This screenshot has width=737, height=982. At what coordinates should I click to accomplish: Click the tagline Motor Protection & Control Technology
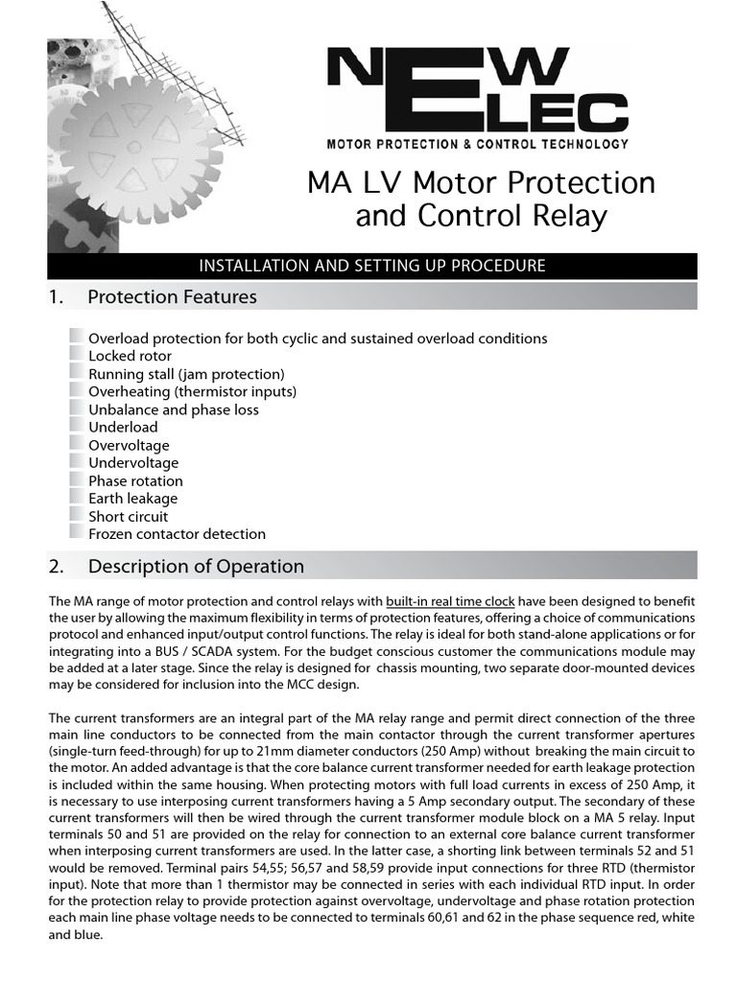(478, 144)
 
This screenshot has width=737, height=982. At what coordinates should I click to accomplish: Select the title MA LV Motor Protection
(481, 182)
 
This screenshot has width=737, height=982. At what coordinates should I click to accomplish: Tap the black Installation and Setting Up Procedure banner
(371, 266)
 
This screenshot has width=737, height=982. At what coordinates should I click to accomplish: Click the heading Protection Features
(172, 297)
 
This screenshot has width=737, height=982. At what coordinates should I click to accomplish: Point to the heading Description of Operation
(196, 566)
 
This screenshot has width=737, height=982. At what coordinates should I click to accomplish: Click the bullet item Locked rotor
(131, 356)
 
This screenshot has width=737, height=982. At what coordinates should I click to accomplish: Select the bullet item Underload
(123, 427)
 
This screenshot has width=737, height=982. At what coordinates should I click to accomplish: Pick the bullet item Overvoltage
(129, 445)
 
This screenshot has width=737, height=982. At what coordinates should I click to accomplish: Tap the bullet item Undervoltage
(133, 463)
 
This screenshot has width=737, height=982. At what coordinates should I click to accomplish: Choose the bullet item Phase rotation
(135, 480)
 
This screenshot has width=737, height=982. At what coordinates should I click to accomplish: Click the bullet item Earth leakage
(132, 499)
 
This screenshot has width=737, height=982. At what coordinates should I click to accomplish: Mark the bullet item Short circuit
(128, 516)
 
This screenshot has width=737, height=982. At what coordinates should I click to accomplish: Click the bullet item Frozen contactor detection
(177, 534)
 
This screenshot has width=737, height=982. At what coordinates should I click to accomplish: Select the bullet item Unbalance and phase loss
(174, 409)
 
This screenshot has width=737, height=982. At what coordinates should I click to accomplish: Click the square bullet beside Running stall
(77, 372)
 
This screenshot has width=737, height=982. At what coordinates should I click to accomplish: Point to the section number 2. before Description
(56, 566)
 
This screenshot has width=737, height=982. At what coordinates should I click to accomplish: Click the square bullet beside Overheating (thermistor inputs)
(77, 390)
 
